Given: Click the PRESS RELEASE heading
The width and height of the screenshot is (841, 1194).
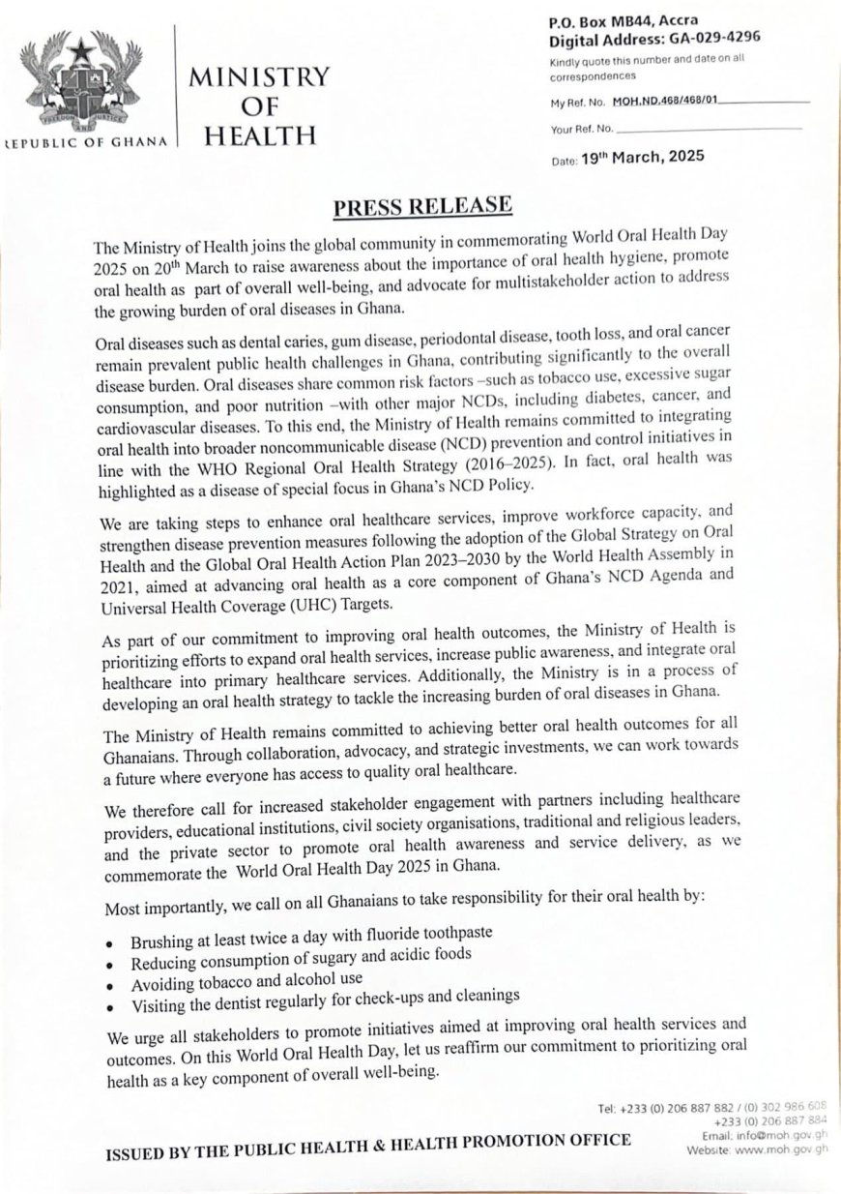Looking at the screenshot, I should pyautogui.click(x=421, y=207).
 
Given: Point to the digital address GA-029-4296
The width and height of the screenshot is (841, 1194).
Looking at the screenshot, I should pyautogui.click(x=707, y=39).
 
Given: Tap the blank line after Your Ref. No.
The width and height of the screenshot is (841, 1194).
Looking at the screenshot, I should pyautogui.click(x=709, y=128).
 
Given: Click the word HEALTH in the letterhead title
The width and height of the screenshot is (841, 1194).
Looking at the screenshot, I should pyautogui.click(x=261, y=134).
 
